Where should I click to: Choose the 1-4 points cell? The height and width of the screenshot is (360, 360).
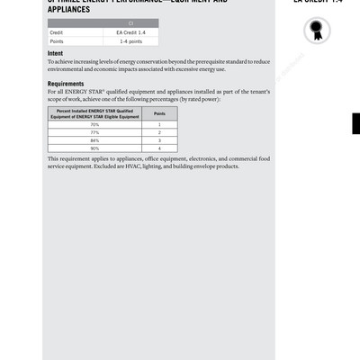point(131,40)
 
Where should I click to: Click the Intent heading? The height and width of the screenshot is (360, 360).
point(55,54)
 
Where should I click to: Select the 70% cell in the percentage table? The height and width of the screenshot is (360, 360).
point(95,124)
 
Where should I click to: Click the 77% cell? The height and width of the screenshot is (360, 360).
point(95,132)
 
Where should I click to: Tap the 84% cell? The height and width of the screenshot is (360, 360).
point(95,140)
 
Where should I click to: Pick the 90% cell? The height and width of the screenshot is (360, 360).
point(95,148)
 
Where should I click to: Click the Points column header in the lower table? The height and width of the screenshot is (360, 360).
point(159,114)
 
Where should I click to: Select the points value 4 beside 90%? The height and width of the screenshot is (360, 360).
point(159,148)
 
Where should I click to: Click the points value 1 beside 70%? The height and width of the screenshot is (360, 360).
point(159,124)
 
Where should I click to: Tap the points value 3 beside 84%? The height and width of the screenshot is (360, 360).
point(159,140)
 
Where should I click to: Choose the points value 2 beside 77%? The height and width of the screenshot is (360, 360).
point(159,132)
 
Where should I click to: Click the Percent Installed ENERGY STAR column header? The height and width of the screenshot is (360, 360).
point(95,114)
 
